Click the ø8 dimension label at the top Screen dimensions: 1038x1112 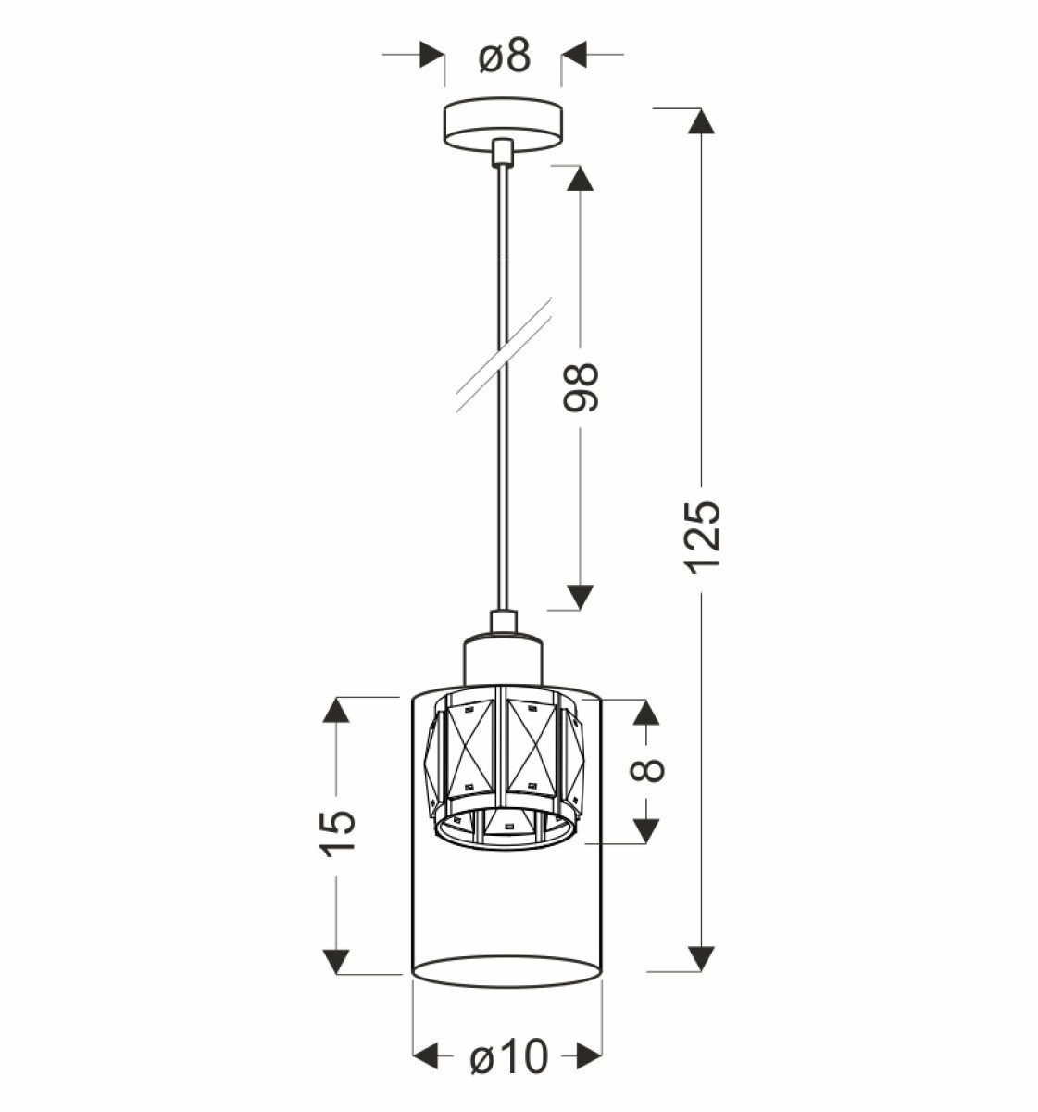click(504, 56)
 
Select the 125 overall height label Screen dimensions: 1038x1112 click(702, 537)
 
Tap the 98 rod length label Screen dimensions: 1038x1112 click(581, 388)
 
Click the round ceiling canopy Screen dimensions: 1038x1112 click(503, 126)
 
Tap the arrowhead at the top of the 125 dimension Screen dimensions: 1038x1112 click(701, 121)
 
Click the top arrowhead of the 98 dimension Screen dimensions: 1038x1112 click(579, 179)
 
